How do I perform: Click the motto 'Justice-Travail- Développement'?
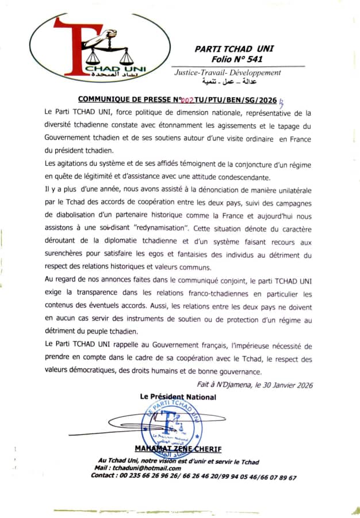tap(227, 73)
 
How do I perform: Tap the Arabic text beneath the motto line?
tap(226, 82)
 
